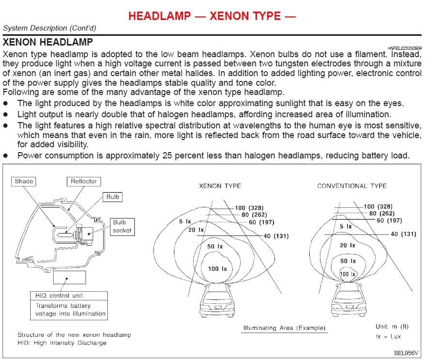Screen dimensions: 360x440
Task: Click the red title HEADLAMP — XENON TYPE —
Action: tap(212, 16)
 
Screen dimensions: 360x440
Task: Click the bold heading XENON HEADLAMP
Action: tap(48, 42)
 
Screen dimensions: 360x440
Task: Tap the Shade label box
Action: tap(24, 181)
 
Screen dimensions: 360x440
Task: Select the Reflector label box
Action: tap(84, 181)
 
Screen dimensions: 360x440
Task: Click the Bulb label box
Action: tap(113, 197)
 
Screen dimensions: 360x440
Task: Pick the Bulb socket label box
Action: tap(122, 226)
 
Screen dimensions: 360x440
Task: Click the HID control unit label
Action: tap(59, 295)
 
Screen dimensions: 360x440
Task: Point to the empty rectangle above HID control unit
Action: tap(69, 277)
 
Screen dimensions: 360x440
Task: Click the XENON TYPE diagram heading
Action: tap(220, 186)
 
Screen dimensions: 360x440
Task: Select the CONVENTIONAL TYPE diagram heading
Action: tap(352, 186)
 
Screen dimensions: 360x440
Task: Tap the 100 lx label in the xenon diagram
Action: tap(217, 269)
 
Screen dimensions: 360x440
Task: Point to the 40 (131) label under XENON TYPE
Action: tap(276, 236)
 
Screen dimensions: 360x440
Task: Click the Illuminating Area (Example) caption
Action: tap(284, 328)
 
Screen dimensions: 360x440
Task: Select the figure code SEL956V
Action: tap(406, 353)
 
